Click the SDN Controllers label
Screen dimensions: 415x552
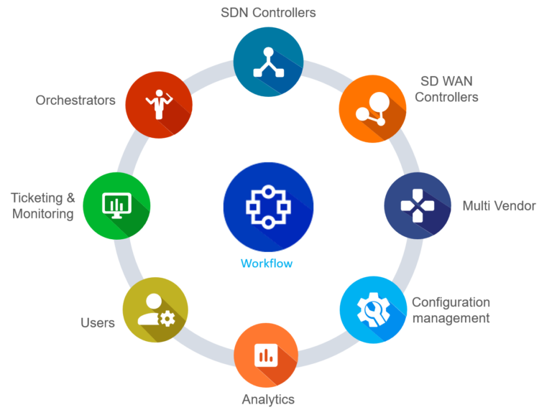click(x=269, y=12)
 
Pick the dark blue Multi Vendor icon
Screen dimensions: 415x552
click(x=418, y=205)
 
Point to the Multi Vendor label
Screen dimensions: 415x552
click(x=499, y=206)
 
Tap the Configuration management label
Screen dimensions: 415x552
click(x=451, y=310)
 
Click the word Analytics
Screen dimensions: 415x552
click(x=267, y=399)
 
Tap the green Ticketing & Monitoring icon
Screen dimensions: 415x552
click(x=116, y=205)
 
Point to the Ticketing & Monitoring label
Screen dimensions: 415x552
click(x=43, y=205)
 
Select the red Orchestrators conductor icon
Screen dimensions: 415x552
click(x=158, y=104)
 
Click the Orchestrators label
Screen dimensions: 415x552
click(x=75, y=101)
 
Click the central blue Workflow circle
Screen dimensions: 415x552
click(x=268, y=207)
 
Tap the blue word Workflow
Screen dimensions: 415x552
click(x=267, y=264)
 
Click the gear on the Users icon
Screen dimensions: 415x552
click(x=167, y=317)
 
